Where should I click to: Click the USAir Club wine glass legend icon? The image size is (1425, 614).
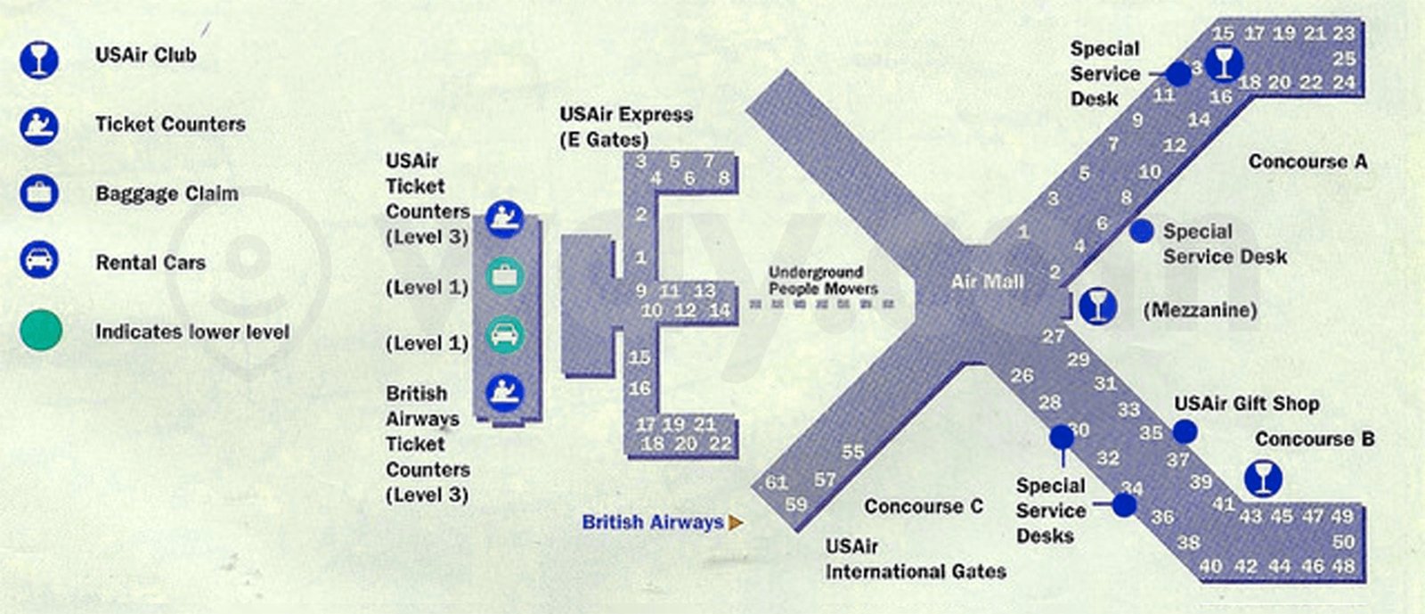pos(39,58)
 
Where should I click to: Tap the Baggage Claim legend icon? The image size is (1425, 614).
pos(39,192)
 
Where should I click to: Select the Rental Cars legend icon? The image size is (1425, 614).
pos(39,260)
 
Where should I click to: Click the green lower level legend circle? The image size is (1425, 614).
pos(41,330)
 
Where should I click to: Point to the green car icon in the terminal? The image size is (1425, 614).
pos(505,335)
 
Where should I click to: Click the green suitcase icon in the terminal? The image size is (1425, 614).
pos(505,275)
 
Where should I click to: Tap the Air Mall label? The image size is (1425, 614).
pos(987,282)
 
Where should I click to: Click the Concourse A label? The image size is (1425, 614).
pos(1307,162)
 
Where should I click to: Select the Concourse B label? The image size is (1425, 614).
pos(1314,439)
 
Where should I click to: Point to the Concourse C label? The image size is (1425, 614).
pos(924,507)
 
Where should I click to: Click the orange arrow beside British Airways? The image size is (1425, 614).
pos(736,523)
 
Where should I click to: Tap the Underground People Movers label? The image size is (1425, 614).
pos(823,280)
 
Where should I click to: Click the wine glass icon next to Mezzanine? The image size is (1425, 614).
pos(1098,306)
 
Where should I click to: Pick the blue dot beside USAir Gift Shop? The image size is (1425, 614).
pos(1184,432)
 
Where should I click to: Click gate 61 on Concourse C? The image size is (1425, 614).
pos(777,482)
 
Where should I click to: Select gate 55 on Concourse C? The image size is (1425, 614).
pos(852,452)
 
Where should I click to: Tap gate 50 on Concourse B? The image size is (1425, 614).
pos(1343,542)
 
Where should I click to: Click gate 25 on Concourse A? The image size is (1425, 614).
pos(1344,59)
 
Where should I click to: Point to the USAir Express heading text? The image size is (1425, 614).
pos(626,115)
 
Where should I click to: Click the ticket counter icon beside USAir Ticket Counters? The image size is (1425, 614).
pos(505,217)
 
